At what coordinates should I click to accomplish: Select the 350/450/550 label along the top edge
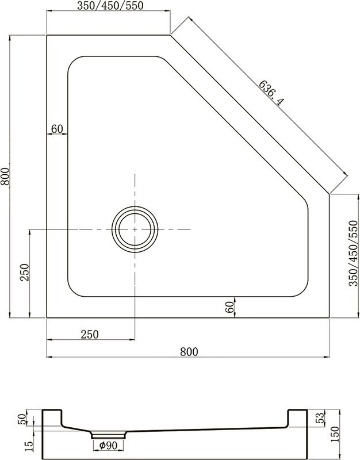tap(109, 6)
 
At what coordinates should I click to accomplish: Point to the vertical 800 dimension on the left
tap(5, 176)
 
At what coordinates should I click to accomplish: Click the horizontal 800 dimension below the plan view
tap(189, 351)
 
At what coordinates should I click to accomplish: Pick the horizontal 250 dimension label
tap(90, 334)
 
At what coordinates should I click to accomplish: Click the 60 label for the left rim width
tap(56, 129)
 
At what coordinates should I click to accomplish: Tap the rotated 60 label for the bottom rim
tap(229, 308)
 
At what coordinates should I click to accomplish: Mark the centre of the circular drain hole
tap(135, 229)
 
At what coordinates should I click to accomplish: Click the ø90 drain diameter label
tap(108, 445)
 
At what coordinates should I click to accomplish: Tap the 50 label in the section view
tap(24, 418)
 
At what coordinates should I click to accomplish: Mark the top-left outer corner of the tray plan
tap(47, 35)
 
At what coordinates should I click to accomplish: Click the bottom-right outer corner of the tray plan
tap(330, 317)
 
